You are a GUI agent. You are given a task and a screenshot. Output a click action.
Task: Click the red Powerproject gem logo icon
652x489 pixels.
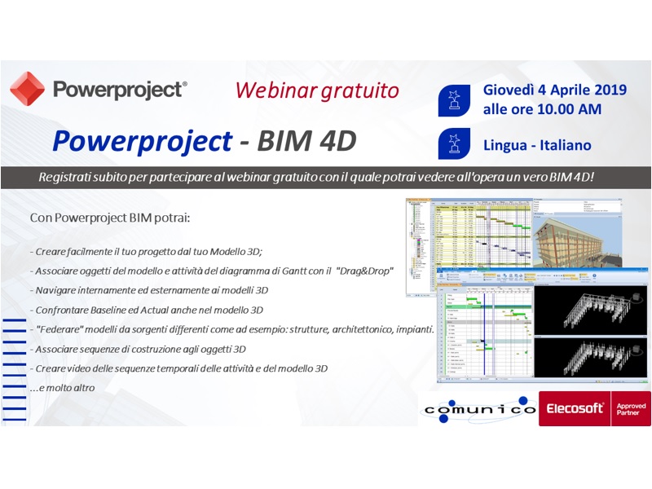[27, 89]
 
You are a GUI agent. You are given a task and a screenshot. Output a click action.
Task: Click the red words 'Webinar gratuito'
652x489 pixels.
[317, 89]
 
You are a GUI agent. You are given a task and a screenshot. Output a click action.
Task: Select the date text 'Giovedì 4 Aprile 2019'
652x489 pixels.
[554, 90]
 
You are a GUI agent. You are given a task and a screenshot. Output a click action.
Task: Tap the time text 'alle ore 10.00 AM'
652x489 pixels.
[543, 108]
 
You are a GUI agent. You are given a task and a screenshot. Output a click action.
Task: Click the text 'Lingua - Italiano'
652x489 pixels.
[537, 145]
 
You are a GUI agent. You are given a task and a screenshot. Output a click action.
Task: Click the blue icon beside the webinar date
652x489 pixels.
[455, 99]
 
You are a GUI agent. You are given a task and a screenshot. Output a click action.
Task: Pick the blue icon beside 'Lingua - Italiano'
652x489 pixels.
[455, 144]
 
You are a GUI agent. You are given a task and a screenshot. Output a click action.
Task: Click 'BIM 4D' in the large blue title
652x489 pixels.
[307, 141]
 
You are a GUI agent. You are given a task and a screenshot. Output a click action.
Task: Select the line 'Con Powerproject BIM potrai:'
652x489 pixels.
[111, 218]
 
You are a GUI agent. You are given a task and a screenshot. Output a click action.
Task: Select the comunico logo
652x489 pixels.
[478, 408]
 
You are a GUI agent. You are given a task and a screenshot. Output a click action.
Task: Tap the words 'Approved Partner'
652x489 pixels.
[632, 408]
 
